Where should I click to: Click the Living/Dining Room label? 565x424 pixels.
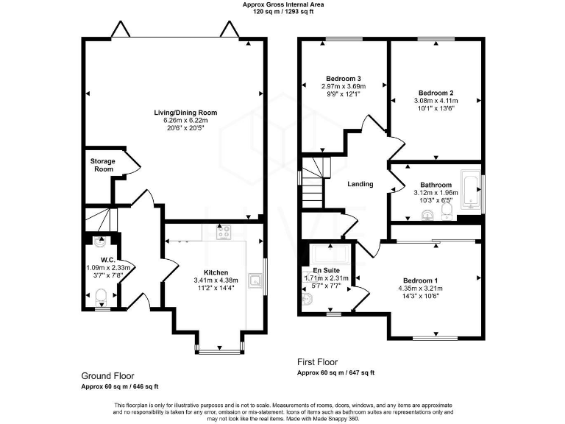click(185, 113)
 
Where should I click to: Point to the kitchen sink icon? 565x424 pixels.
click(255, 279)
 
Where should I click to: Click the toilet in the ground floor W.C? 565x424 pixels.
click(102, 297)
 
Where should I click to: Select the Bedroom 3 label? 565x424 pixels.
click(343, 79)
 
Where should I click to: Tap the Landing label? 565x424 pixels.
click(360, 184)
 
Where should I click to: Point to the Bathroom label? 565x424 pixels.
click(436, 185)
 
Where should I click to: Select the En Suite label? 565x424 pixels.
click(326, 270)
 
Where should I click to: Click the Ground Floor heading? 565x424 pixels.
click(107, 375)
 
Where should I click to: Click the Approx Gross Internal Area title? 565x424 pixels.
click(282, 4)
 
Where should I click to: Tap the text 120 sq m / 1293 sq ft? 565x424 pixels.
click(282, 13)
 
